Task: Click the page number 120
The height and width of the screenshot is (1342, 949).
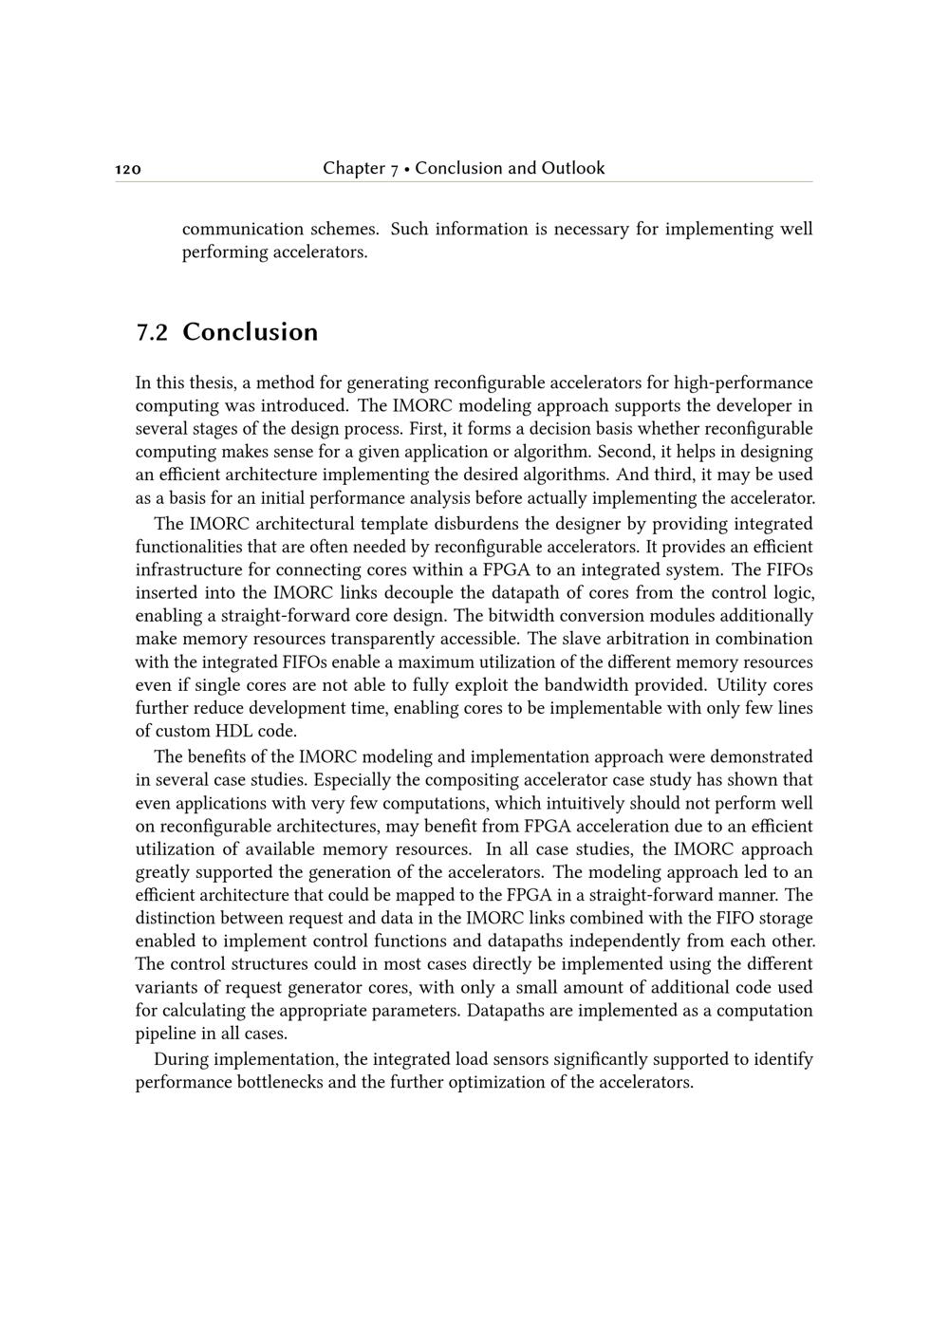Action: (x=128, y=170)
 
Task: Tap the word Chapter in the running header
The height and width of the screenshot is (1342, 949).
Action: (x=353, y=169)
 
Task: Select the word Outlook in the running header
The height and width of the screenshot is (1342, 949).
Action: (x=572, y=169)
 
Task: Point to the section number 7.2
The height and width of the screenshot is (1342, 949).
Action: (x=152, y=332)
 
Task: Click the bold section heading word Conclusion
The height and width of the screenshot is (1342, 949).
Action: (x=250, y=332)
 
